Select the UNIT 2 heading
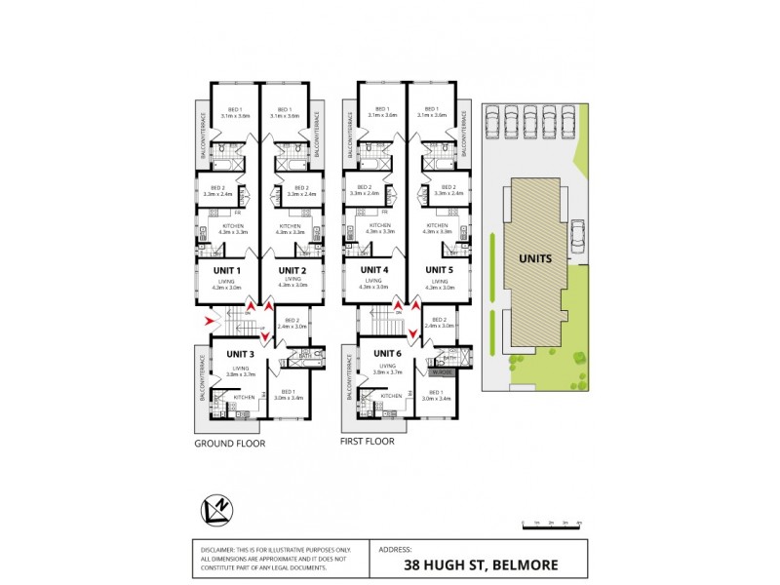point(292,270)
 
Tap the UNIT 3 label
point(241,354)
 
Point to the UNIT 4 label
point(375,270)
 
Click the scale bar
point(552,523)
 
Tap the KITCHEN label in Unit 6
point(391,397)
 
